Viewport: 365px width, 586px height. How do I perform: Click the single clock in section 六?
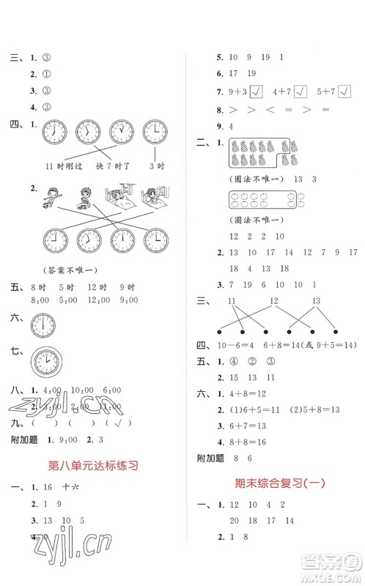[44, 323]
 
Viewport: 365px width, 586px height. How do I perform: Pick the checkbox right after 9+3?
[256, 92]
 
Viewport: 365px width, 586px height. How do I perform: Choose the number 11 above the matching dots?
[232, 303]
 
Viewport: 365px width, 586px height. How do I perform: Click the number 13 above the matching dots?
[317, 303]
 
